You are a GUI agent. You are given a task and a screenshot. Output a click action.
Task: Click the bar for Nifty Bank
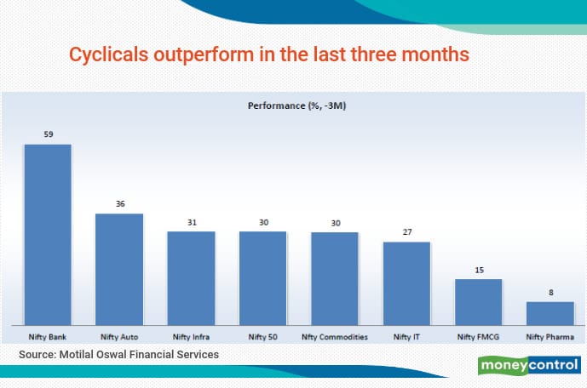[x=48, y=234]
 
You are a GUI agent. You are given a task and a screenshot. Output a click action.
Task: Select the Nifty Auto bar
[x=119, y=269]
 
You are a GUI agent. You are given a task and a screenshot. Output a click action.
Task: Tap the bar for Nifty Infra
[x=191, y=277]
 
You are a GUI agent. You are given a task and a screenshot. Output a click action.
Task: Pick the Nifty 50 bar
[x=262, y=277]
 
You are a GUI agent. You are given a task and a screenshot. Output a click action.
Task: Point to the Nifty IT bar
[x=406, y=282]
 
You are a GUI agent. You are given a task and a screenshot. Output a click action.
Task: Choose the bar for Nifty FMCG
[x=478, y=301]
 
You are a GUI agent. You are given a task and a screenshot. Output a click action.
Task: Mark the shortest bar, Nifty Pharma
[x=550, y=312]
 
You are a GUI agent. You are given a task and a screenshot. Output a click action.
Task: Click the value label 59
[x=48, y=134]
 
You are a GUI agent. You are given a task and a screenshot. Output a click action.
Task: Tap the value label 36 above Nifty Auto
[x=119, y=203]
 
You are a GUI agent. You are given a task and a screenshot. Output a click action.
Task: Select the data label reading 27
[x=406, y=231]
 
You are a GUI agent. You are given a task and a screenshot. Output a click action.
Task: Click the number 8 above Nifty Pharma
[x=550, y=292]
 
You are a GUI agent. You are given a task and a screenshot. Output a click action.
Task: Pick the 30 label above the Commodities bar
[x=335, y=222]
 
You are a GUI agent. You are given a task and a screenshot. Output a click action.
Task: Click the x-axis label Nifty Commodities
[x=335, y=337]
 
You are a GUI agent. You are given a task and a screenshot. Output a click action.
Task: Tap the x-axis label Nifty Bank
[x=48, y=337]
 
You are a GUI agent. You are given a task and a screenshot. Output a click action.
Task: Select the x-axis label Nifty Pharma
[x=550, y=337]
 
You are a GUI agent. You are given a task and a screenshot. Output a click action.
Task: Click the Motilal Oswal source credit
[x=115, y=354]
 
